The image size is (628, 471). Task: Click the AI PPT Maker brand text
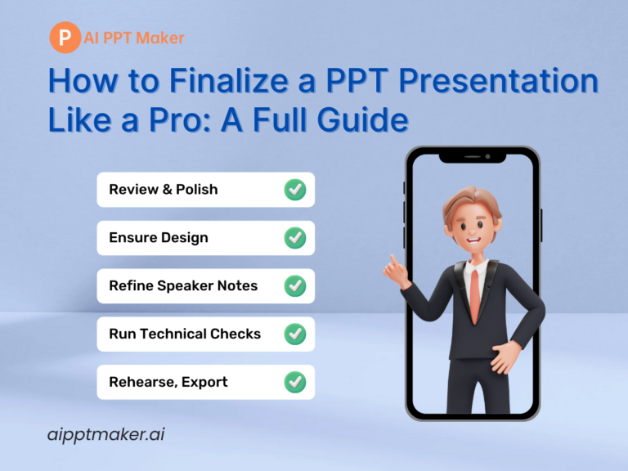(134, 38)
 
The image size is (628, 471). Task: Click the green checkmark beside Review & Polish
(294, 190)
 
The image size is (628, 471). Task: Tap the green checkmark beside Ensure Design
(294, 238)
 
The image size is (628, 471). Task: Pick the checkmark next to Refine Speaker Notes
(294, 286)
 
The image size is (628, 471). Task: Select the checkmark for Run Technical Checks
(294, 334)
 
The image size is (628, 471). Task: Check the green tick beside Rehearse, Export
(294, 382)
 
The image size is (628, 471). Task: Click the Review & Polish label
(164, 190)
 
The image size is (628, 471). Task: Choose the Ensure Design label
(159, 238)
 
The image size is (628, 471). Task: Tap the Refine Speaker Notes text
(183, 286)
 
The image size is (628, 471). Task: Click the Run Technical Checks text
(185, 334)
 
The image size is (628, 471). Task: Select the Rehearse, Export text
(168, 382)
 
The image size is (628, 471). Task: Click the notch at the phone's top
(473, 156)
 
